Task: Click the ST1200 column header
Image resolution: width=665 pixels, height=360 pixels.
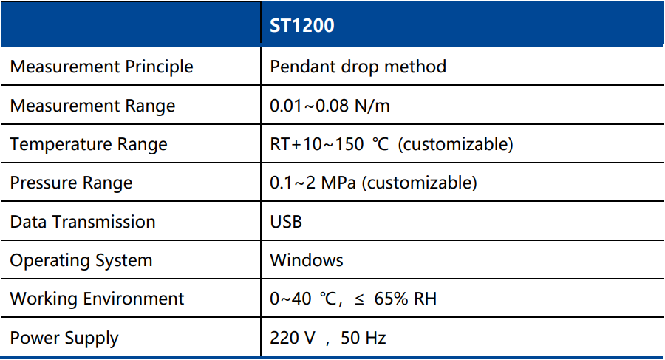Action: coord(302,25)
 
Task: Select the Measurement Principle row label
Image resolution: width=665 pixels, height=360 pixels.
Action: coord(101,67)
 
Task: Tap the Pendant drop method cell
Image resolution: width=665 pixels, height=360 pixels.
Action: coord(358,67)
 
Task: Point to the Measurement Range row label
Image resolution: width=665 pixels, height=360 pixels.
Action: coord(92,106)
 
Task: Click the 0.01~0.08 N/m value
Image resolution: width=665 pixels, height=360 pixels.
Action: coord(330,106)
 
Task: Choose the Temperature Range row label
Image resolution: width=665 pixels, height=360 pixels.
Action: coord(89,145)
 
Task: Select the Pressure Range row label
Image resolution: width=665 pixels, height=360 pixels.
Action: coord(71,183)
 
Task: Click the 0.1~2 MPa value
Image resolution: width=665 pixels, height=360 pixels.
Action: coord(313,183)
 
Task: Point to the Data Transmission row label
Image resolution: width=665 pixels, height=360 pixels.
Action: coord(83,222)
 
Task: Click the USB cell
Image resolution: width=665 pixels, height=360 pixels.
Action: coord(286,222)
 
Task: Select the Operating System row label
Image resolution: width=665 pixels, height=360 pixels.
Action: coord(81,261)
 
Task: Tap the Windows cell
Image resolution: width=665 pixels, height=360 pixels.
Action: coord(307,260)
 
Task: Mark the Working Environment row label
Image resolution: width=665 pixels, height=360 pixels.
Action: coord(97,299)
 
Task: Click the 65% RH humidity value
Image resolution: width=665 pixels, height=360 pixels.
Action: coord(405,299)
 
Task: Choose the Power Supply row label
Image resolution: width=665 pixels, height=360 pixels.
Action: coord(64,339)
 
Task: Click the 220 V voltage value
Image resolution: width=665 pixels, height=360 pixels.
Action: coord(293,338)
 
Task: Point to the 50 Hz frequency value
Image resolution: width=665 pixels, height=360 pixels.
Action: coord(363,338)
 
